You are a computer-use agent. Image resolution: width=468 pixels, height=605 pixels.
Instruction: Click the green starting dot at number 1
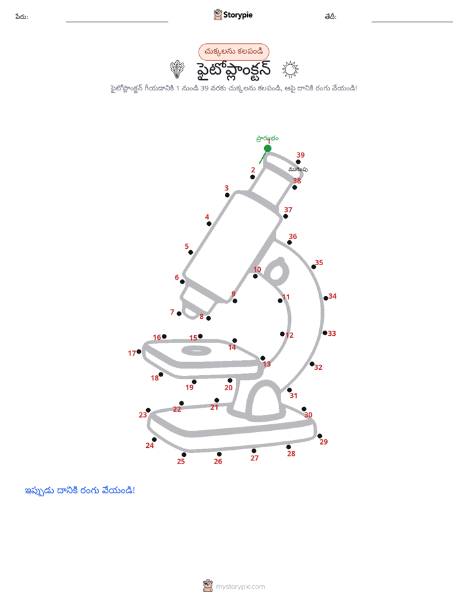click(x=267, y=148)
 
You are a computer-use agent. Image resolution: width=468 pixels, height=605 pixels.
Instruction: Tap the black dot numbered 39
click(x=298, y=162)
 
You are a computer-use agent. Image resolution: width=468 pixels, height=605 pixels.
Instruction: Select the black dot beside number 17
click(x=139, y=352)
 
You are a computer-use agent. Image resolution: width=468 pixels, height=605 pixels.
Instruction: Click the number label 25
click(x=181, y=462)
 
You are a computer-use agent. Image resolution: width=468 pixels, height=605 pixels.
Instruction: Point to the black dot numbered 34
click(x=326, y=299)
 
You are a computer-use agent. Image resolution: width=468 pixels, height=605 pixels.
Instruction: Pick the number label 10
click(x=257, y=269)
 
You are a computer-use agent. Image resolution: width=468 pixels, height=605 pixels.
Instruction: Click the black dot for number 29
click(x=320, y=436)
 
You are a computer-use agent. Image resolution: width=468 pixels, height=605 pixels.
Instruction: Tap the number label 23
click(x=143, y=414)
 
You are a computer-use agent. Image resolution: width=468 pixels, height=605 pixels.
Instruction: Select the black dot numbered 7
click(x=179, y=314)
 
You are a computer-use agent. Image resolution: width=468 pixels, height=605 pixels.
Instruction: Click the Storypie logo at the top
click(x=233, y=14)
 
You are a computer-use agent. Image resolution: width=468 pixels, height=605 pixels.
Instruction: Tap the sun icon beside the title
click(x=290, y=69)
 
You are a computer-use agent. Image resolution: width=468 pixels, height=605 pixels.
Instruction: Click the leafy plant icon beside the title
click(x=177, y=69)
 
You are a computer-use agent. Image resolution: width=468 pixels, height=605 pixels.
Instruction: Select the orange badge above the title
click(x=233, y=52)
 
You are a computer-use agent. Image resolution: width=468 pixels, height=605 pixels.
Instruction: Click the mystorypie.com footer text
click(x=240, y=587)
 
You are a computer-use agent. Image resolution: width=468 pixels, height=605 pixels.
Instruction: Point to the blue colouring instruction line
click(x=80, y=491)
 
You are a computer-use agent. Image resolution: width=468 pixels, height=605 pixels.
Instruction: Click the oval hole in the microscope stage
click(x=196, y=350)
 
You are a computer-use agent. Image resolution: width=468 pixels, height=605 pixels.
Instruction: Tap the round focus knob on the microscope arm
click(x=277, y=271)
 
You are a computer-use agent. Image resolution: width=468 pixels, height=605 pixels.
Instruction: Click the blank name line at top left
click(x=117, y=22)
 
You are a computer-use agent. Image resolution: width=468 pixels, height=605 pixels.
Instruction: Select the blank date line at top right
click(x=412, y=22)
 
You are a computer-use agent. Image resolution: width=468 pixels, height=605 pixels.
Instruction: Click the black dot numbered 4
click(x=209, y=224)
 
